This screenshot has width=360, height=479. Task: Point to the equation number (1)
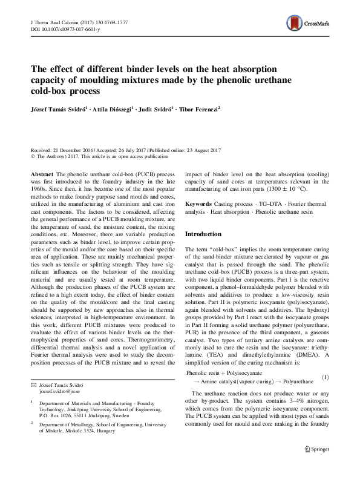click(325, 378)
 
